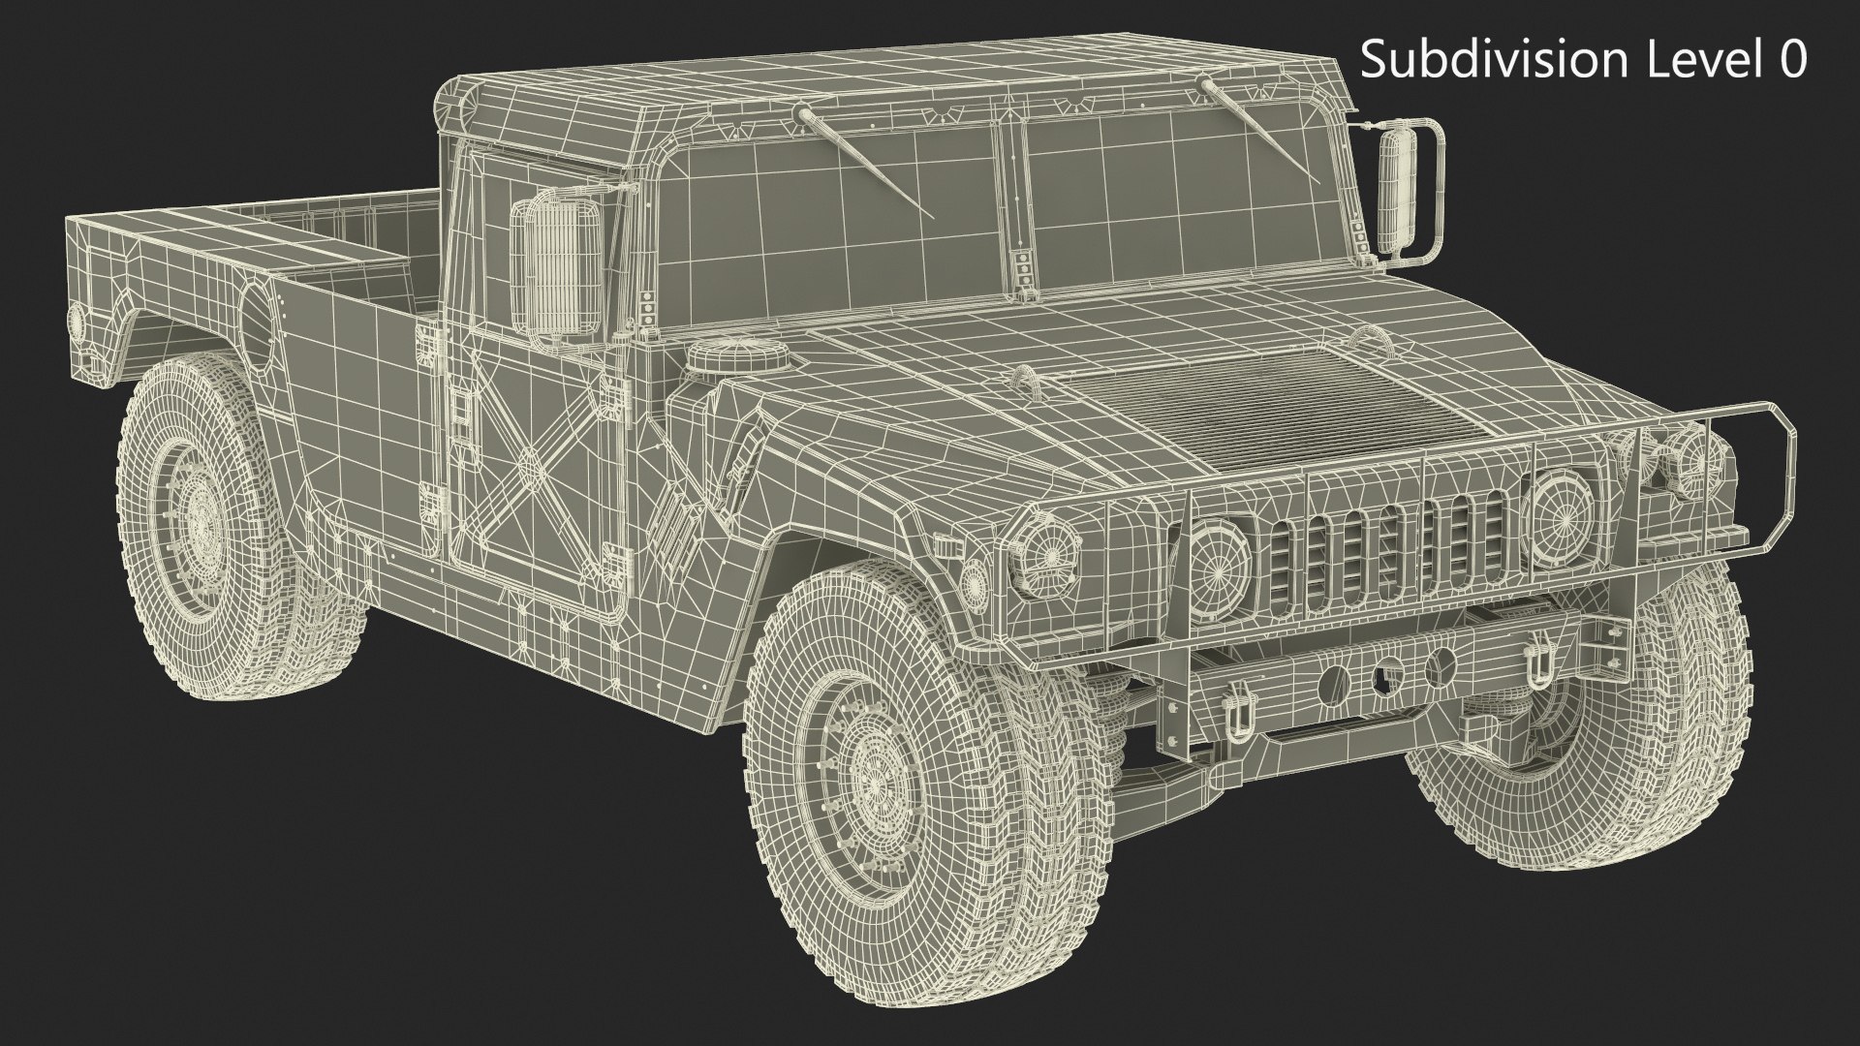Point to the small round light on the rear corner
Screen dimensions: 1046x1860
coord(76,318)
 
